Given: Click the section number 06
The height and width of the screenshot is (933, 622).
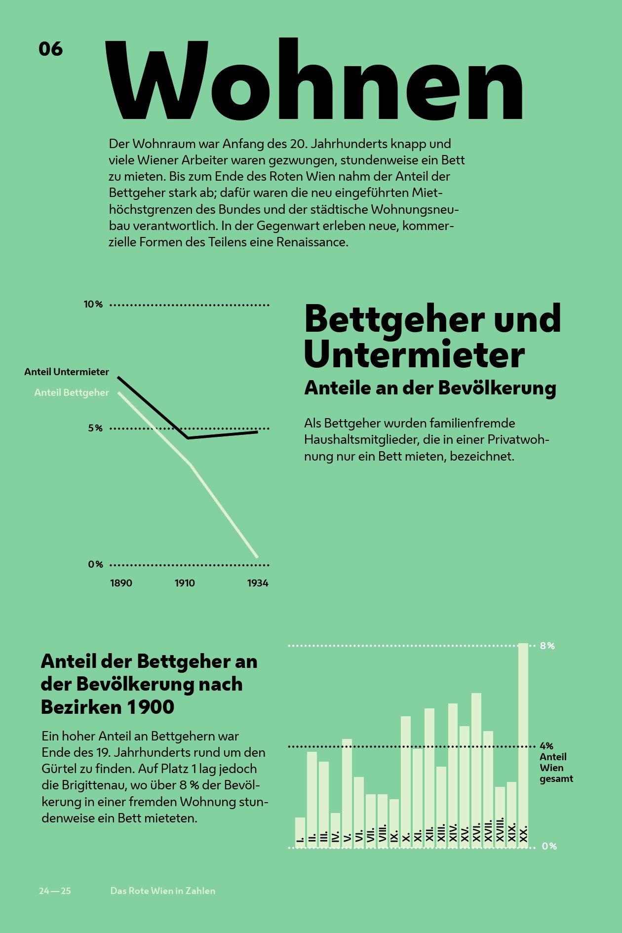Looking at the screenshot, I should tap(50, 49).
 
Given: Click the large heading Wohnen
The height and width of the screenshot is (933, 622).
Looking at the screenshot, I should tap(314, 80).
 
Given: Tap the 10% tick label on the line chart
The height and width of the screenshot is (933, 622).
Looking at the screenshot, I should tap(93, 305).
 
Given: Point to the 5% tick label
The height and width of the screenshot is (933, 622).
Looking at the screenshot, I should tap(95, 428).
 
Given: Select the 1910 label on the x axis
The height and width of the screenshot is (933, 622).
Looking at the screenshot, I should tap(185, 583).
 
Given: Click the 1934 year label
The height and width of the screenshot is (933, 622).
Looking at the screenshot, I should tap(258, 583).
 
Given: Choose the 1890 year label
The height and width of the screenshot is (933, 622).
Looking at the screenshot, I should tap(121, 583).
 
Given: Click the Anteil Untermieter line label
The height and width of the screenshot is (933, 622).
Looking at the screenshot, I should tap(67, 372).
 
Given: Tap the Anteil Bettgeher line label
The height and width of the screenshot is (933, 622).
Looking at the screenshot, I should tap(72, 392).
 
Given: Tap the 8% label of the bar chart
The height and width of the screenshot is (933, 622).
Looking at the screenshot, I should tap(547, 646).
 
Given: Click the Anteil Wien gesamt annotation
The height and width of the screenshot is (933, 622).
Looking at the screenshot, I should tap(556, 768).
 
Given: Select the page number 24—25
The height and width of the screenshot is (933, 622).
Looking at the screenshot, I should tap(55, 891).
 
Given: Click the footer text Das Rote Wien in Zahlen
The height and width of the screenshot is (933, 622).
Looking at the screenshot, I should tap(162, 891).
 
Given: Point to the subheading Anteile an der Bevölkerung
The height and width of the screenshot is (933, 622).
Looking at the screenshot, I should tap(430, 388).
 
